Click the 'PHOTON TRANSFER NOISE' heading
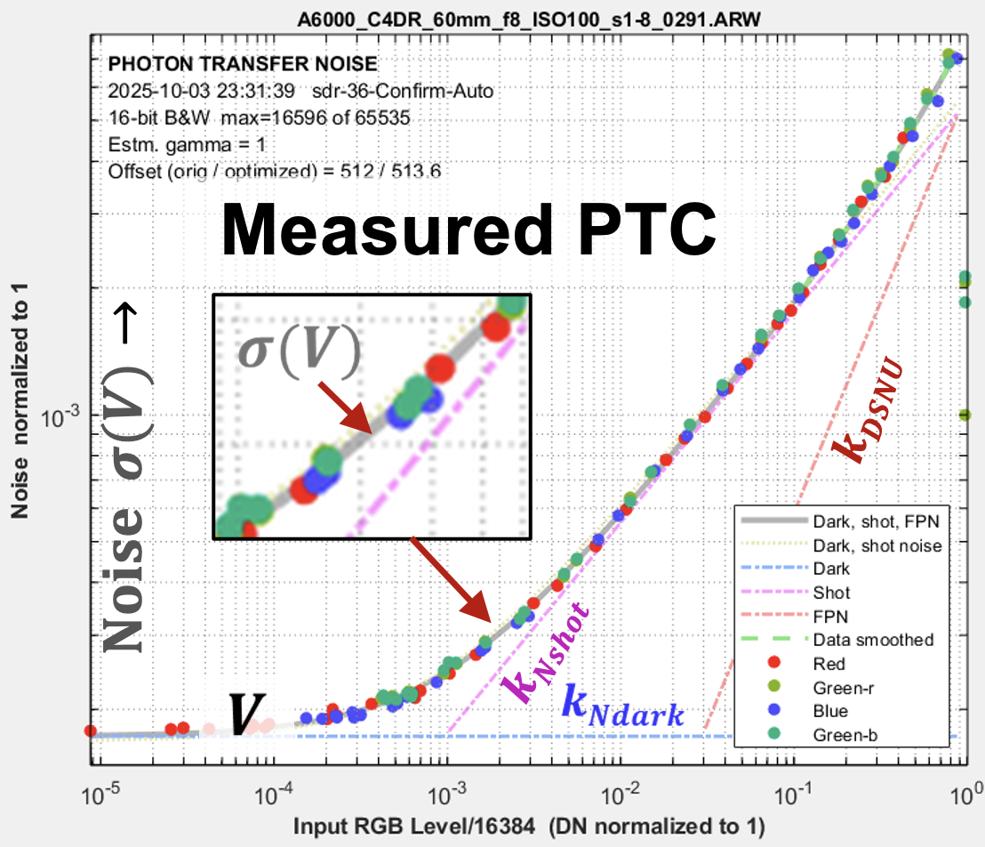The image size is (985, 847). (242, 64)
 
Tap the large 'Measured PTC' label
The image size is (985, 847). (469, 230)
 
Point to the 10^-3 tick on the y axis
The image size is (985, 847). (65, 415)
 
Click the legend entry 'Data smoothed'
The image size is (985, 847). (873, 640)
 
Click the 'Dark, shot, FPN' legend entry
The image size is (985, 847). (862, 520)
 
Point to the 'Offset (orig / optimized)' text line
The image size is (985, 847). (274, 169)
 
